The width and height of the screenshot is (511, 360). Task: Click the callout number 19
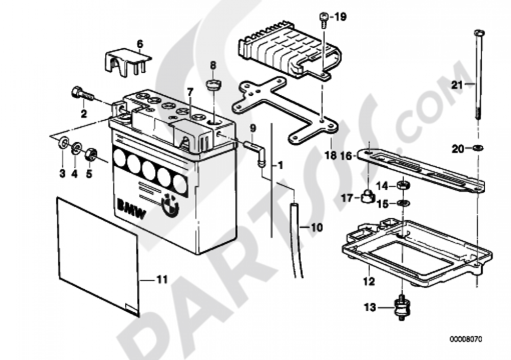coord(339,17)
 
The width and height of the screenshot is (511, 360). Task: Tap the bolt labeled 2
coord(82,93)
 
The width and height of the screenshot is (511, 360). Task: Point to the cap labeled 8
coord(214,86)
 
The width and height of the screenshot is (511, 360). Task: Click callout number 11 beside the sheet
coord(161,279)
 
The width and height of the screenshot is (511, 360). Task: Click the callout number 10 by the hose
coord(316,227)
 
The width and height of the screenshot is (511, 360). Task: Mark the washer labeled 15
coord(403,204)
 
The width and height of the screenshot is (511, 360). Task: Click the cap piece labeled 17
coord(367,195)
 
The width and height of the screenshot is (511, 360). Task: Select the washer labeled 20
coord(478,148)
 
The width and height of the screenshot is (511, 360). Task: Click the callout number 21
coord(457,85)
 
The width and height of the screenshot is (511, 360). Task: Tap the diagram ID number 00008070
coord(466,339)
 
